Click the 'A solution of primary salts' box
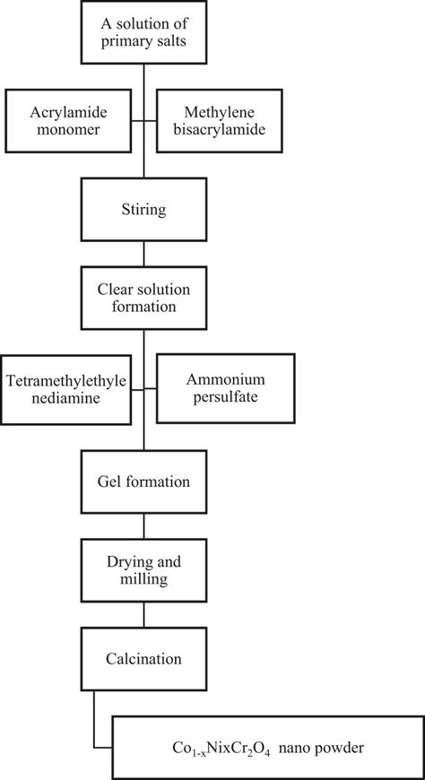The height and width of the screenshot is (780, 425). tap(144, 33)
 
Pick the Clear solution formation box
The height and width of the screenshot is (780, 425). tap(144, 296)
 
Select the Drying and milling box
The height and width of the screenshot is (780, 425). tap(144, 568)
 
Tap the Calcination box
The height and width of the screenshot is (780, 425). tap(144, 659)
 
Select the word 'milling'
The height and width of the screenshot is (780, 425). tap(144, 578)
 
